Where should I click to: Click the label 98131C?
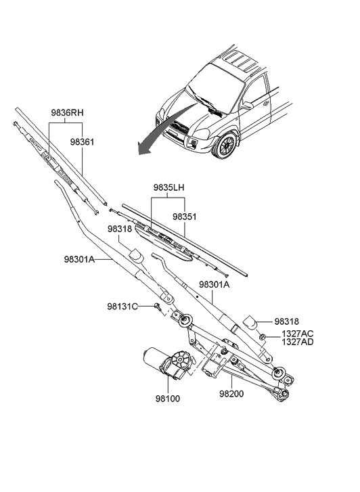[122, 307]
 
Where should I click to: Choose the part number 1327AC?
[298, 334]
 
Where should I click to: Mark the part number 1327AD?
[298, 343]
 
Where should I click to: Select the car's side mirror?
[247, 106]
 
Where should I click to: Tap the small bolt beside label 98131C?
[157, 307]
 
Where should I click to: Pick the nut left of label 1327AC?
[261, 336]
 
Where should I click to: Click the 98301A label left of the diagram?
[80, 259]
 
